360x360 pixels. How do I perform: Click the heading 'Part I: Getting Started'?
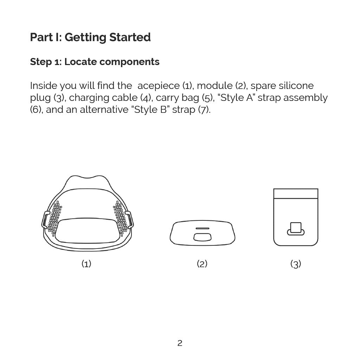click(90, 37)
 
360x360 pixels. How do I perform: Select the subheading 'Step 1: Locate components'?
click(95, 62)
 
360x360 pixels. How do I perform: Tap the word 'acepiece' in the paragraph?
click(159, 86)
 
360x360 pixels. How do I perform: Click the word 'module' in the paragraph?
click(215, 86)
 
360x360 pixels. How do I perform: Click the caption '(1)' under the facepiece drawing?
click(86, 264)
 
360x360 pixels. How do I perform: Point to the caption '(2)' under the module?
click(202, 264)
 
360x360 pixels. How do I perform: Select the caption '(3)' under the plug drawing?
click(296, 264)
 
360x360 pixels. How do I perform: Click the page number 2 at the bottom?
click(180, 343)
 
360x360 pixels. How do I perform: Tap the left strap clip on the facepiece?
click(45, 220)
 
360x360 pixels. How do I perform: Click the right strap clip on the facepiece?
click(129, 220)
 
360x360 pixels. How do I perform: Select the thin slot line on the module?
click(202, 228)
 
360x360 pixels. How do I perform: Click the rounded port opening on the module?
click(202, 237)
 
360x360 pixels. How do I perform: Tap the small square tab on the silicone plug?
click(296, 227)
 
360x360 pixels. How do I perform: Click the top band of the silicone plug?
click(296, 193)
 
